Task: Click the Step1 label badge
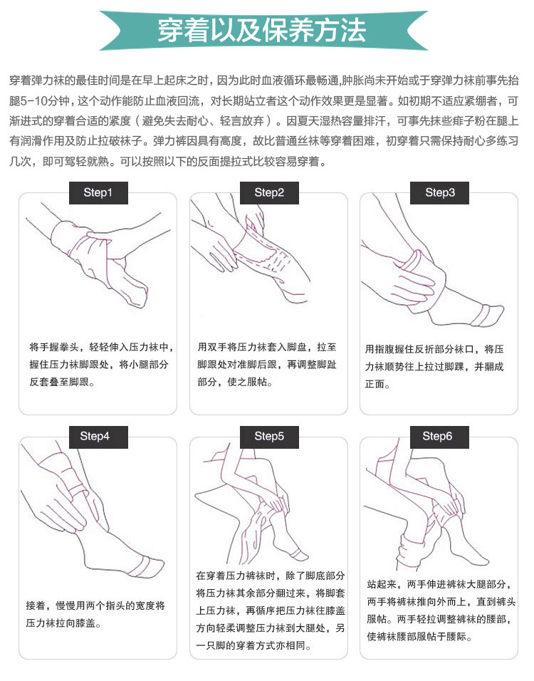98,193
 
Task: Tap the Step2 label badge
270,193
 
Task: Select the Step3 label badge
440,193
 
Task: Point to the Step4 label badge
98,437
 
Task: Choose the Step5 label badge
270,437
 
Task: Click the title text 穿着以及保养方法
262,31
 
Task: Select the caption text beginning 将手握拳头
101,365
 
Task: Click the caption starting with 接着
95,615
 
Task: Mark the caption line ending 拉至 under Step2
267,347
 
